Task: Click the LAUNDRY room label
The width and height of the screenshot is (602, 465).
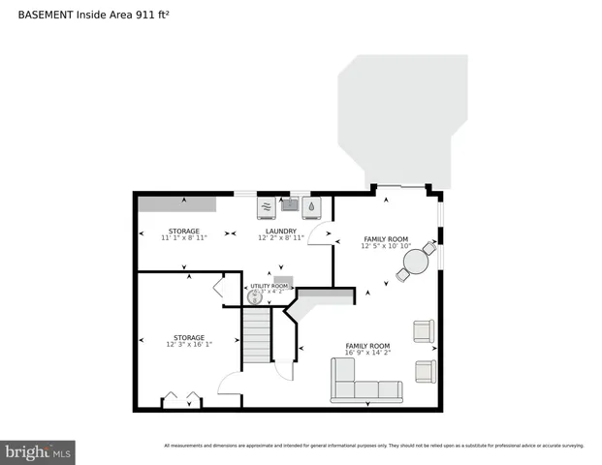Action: coord(281,231)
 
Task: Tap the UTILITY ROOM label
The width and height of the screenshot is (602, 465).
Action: coord(269,286)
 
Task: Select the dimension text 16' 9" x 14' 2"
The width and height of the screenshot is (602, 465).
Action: coord(367,353)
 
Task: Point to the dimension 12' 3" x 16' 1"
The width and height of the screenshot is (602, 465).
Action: coord(189,344)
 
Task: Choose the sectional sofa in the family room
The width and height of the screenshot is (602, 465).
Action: coord(365,382)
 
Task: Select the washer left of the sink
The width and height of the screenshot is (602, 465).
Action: coord(267,206)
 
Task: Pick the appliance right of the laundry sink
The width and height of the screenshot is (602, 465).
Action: coord(312,205)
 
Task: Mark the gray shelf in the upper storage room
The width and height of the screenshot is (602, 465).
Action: coord(176,202)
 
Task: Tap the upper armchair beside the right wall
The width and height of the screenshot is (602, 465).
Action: coord(423,331)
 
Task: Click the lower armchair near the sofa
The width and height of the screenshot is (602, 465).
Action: coord(425,371)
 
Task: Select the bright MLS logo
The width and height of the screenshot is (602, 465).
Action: coord(39,451)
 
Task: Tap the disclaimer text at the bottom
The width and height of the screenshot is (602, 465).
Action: coord(373,446)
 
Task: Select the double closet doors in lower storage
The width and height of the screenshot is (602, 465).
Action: coord(181,399)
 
